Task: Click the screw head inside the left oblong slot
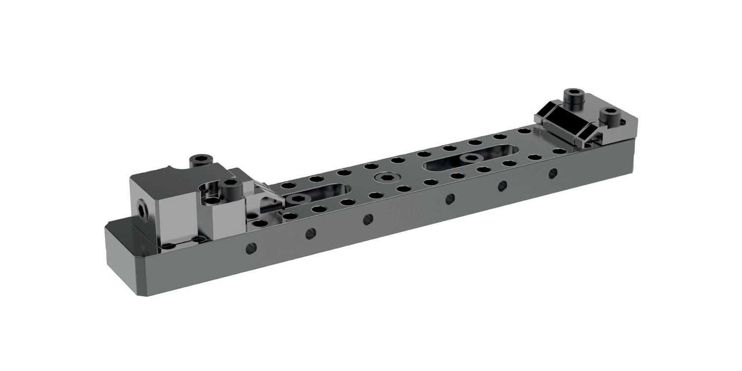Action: (298, 199)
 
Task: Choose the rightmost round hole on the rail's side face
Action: (553, 173)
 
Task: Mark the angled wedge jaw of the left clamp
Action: (267, 198)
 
